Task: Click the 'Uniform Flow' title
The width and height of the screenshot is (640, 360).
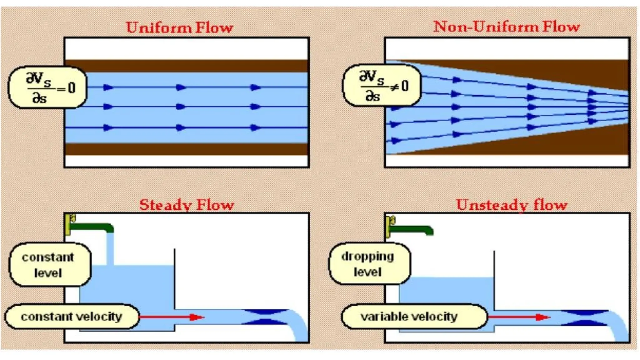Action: (180, 28)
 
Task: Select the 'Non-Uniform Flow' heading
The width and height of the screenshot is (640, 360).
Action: (507, 27)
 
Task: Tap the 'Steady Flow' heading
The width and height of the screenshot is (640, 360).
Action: (187, 205)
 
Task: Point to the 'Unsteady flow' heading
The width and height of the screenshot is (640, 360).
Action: (512, 205)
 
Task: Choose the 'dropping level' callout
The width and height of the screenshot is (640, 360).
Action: (369, 264)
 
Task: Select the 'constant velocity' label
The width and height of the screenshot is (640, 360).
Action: (72, 317)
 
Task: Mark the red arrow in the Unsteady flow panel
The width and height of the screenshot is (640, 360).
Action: (519, 317)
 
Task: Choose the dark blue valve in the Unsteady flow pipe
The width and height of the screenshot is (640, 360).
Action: (584, 317)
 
